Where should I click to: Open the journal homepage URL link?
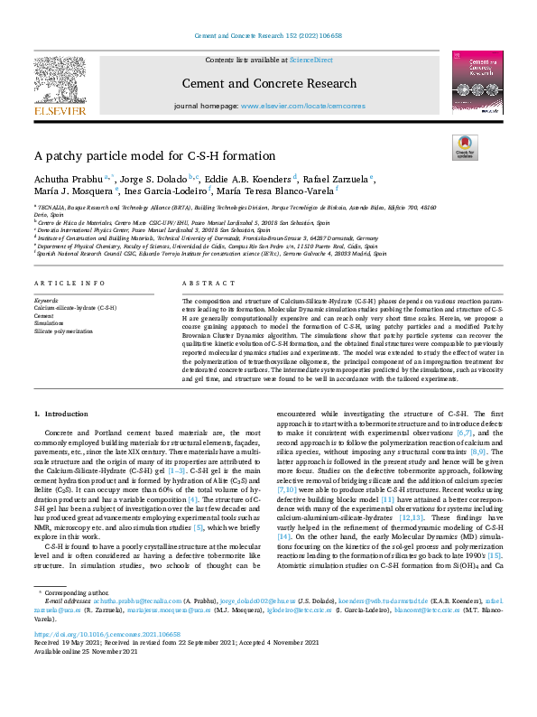pyautogui.click(x=302, y=105)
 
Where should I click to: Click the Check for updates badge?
pyautogui.click(x=463, y=147)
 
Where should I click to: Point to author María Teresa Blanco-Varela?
pyautogui.click(x=274, y=191)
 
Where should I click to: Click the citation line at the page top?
pyautogui.click(x=268, y=36)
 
